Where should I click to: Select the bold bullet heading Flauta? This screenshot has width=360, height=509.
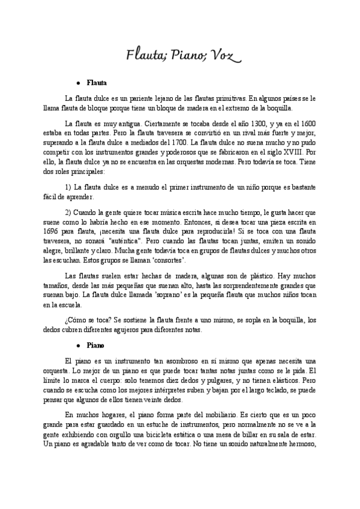click(x=97, y=83)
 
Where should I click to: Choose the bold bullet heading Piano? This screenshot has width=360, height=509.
click(x=95, y=346)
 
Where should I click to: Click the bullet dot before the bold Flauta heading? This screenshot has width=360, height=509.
click(x=79, y=83)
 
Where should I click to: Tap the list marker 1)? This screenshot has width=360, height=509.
click(x=68, y=188)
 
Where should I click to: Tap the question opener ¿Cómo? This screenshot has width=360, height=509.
click(x=77, y=320)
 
